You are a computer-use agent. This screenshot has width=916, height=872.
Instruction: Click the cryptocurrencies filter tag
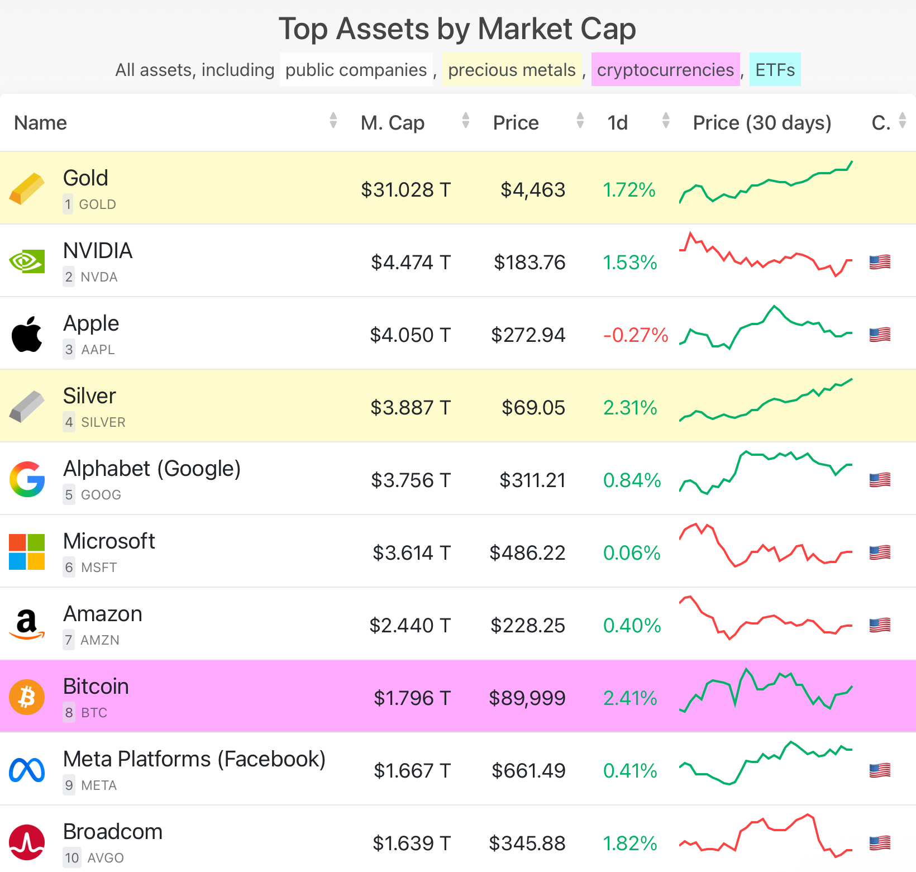[665, 70]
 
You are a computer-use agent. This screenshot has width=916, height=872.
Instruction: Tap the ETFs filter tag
[775, 70]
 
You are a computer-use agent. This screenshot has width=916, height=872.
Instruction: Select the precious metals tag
[512, 70]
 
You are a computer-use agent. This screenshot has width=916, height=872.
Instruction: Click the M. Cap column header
[393, 123]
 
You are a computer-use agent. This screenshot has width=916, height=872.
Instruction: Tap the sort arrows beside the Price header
[580, 121]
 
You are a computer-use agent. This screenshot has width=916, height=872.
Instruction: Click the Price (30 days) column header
[762, 123]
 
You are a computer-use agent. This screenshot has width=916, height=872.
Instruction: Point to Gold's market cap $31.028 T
[405, 190]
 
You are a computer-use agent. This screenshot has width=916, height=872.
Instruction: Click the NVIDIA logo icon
[27, 261]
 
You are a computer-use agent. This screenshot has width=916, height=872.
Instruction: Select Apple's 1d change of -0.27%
[636, 335]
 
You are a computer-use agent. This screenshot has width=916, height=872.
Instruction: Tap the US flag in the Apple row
[880, 335]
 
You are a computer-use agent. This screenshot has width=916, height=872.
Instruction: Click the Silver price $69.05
[533, 408]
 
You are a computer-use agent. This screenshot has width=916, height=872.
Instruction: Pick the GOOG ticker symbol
[101, 495]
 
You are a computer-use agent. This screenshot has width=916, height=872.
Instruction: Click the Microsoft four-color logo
[27, 552]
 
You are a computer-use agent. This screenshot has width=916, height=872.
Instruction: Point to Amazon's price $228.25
[528, 626]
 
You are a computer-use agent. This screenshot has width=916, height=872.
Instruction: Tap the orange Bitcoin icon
[27, 697]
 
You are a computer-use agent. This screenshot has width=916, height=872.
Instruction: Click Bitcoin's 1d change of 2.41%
[630, 698]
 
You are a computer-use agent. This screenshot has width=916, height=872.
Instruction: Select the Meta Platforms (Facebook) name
[194, 759]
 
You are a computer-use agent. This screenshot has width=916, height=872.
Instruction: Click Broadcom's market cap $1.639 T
[412, 844]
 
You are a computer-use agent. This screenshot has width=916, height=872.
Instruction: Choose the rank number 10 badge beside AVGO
[72, 858]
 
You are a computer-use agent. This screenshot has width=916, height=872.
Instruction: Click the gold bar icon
[27, 189]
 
